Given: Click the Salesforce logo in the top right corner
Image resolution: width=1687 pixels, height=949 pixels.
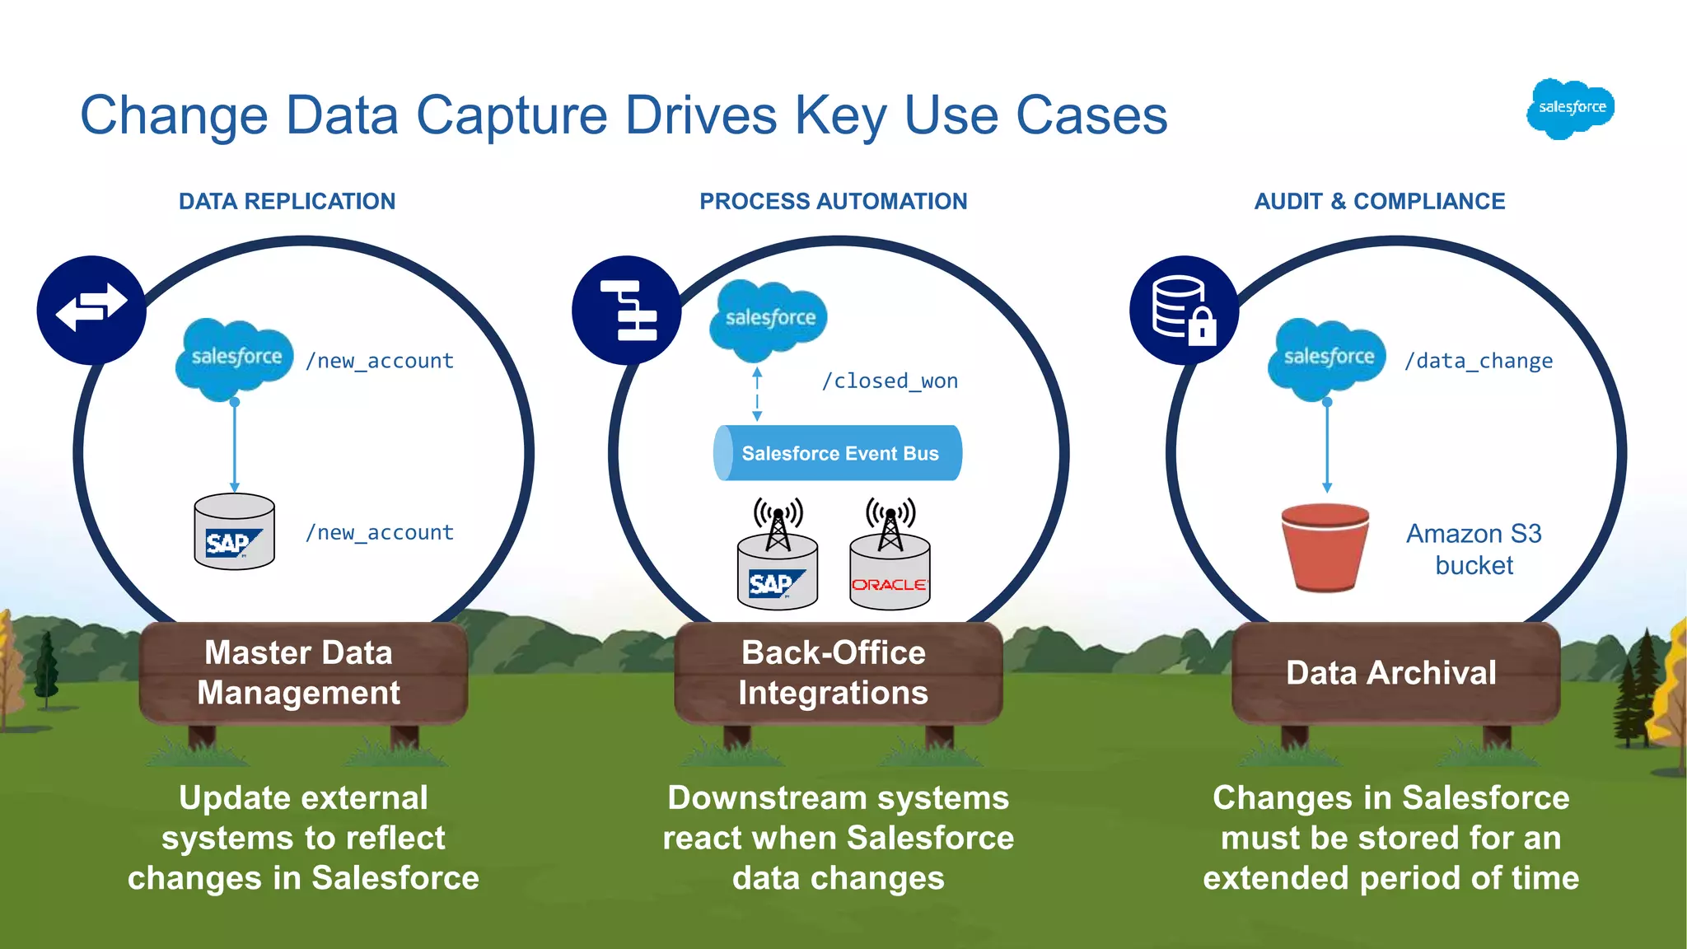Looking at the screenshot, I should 1570,108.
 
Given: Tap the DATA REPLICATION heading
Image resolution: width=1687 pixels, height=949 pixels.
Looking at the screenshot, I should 287,201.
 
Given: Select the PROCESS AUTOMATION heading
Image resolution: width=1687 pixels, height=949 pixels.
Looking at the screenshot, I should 833,201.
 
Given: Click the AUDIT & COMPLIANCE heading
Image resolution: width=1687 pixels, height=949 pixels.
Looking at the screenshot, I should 1379,201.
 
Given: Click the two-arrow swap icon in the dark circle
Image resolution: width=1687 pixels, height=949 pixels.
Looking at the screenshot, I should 91,310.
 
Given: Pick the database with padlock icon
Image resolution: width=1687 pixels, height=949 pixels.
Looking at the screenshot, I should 1184,310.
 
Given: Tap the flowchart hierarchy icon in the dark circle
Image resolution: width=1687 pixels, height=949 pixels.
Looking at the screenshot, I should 627,310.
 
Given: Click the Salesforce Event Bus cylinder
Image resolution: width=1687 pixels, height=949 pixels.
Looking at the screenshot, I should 838,453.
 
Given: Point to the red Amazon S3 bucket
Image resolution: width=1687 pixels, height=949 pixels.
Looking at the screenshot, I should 1325,547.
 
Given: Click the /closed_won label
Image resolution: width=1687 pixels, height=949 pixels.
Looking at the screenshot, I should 890,381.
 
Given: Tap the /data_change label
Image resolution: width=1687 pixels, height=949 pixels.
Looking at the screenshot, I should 1479,361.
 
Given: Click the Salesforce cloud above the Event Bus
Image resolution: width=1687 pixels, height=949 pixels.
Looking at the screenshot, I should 768,320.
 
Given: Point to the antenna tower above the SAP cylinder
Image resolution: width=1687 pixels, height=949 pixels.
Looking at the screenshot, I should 778,521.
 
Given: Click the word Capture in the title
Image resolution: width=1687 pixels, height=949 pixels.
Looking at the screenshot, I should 514,115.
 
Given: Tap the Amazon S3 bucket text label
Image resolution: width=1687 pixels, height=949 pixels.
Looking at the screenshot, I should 1474,549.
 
